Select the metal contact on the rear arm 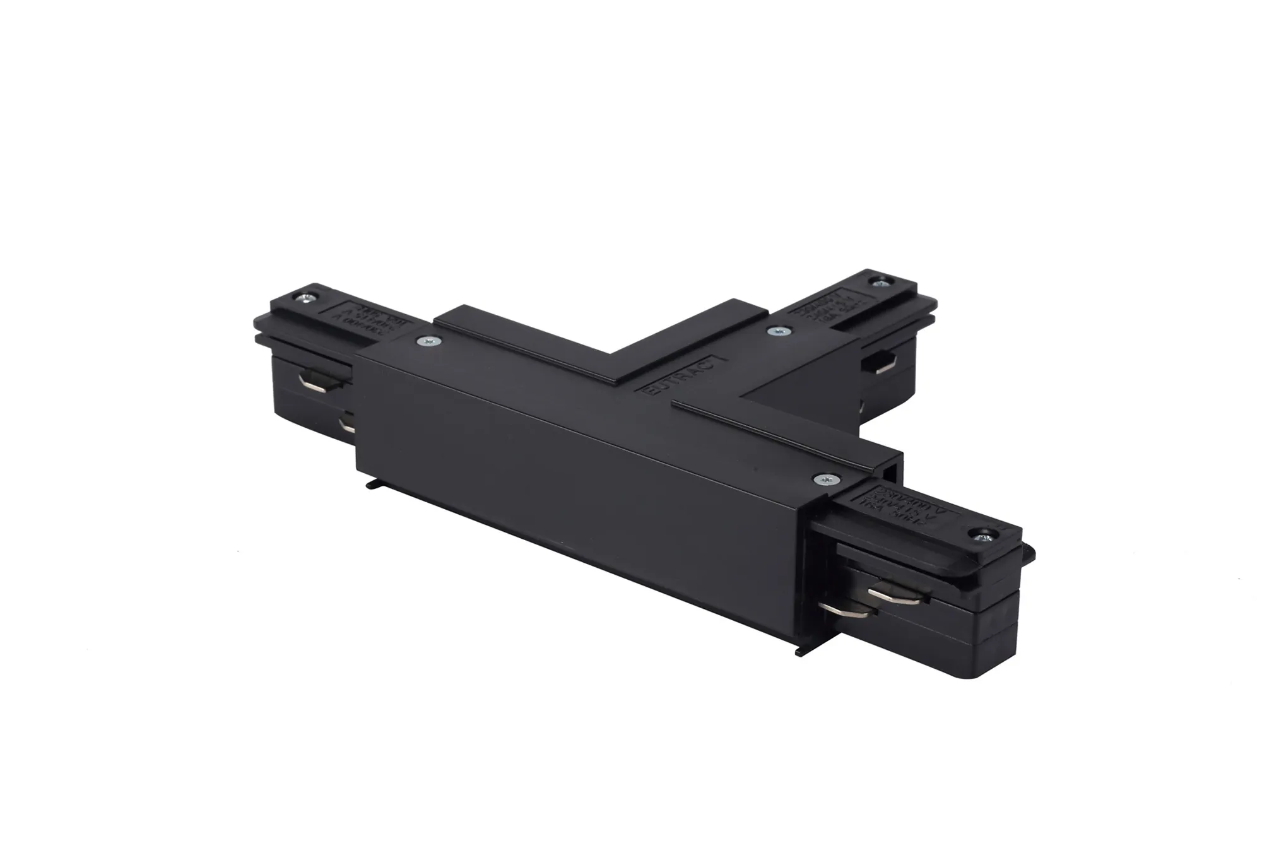click(883, 363)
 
